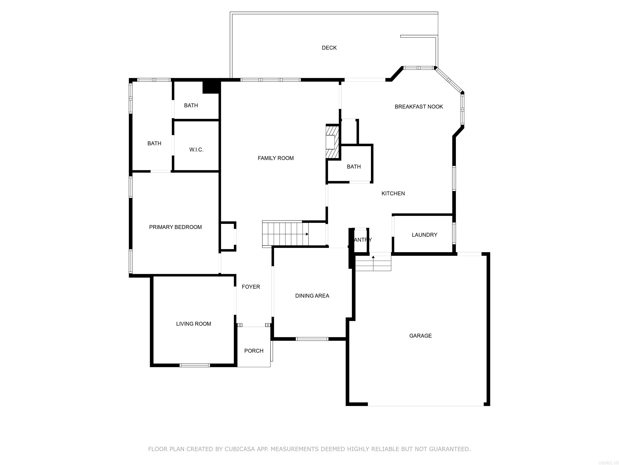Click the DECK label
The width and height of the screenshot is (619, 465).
coord(329,48)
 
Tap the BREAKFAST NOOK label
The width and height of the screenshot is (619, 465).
coord(419,107)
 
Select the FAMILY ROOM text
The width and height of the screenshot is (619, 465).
coord(276,158)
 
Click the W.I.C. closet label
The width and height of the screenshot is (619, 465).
coord(196,150)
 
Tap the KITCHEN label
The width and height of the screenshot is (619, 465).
coord(393,193)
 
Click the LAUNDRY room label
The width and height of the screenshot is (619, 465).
coord(424,235)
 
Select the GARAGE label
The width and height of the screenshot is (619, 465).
coord(420,335)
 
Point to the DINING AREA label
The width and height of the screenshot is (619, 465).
coord(312,296)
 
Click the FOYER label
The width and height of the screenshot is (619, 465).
coord(251,287)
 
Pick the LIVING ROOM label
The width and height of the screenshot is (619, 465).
coord(193,324)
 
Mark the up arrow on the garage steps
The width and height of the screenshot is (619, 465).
coord(373,257)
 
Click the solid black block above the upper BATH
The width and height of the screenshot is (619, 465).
coord(210,87)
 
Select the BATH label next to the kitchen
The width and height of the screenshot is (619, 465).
coord(353,167)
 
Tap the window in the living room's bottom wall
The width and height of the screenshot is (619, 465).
coord(194,365)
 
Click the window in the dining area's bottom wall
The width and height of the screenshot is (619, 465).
coord(312,339)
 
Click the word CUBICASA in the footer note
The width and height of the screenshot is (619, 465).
coord(240,449)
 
